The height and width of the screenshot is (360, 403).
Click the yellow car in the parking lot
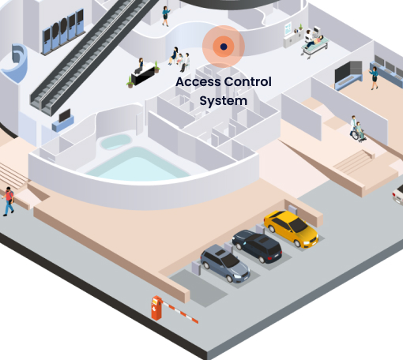292,228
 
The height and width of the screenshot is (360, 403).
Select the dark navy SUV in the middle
258,246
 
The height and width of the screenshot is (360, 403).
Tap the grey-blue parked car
225,263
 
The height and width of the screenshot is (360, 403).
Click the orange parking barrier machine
156,308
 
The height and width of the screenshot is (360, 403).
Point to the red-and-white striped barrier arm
180,312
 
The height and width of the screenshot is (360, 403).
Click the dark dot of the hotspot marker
224,47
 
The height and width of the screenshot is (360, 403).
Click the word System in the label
224,101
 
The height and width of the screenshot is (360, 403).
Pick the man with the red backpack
8,201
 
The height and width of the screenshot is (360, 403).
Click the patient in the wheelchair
360,132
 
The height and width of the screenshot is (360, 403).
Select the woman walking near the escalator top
166,16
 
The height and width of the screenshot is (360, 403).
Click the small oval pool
115,141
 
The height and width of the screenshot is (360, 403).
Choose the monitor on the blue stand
64,115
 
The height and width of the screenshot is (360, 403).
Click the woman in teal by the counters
374,78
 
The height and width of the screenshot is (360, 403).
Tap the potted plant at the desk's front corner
130,82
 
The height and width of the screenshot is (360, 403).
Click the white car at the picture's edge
398,194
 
